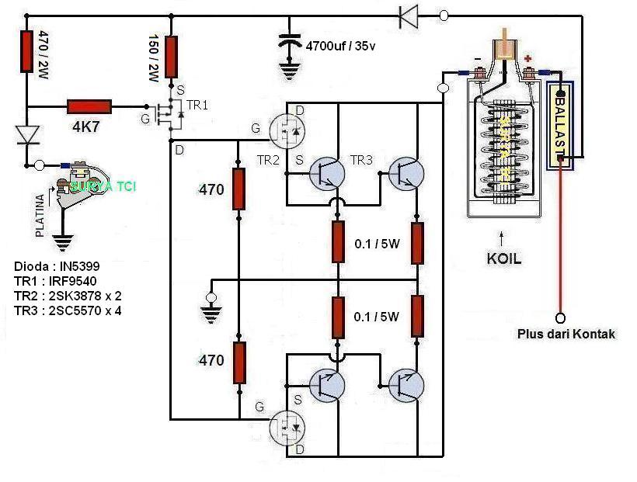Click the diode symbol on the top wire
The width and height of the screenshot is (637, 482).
click(409, 15)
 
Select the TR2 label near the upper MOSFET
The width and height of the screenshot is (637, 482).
click(268, 160)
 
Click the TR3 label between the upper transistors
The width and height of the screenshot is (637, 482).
click(361, 160)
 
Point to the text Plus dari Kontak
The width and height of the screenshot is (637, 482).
click(566, 334)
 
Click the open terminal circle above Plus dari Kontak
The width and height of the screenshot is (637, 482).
click(559, 317)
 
